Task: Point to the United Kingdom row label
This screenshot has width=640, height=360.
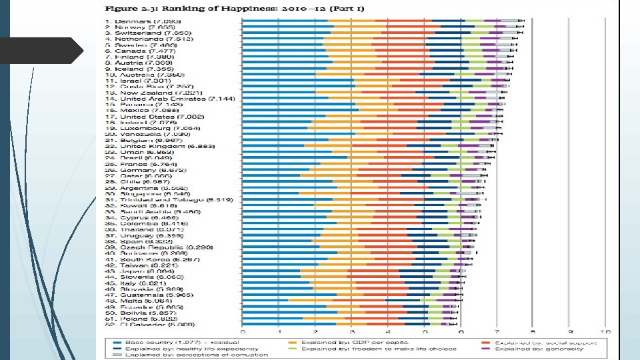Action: point(157,145)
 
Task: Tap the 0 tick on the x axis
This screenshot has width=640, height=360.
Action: point(243,331)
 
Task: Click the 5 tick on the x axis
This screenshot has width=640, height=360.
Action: point(425,331)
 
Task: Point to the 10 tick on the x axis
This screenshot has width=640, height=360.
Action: point(605,331)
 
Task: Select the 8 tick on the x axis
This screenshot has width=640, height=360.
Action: point(533,331)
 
